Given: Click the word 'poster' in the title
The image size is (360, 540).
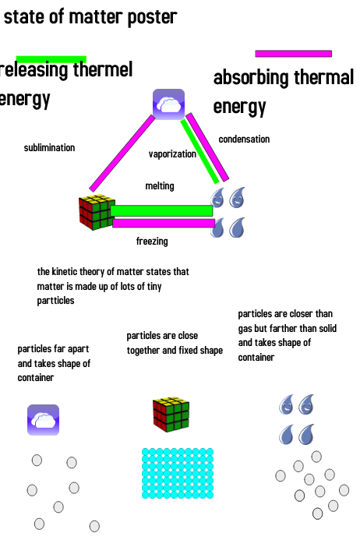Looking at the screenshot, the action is pos(152,17).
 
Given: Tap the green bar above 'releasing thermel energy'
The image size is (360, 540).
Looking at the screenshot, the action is pos(51,59).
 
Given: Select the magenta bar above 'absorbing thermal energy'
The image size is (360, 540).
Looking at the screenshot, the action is pos(294,54).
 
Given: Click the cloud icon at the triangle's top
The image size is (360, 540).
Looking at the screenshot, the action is pos(168,104).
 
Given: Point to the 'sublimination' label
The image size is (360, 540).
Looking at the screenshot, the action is pos(49,148).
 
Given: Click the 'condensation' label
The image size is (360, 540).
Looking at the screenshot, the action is pos(244,139).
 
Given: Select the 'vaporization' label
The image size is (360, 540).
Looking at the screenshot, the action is pos(172,154).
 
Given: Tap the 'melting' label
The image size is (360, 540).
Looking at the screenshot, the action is pos(160,186).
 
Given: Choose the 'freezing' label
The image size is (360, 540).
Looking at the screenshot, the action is pos(152,241).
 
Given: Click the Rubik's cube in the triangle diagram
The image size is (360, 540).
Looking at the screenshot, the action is pos(97,212).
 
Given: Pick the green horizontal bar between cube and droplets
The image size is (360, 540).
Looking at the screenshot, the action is pos(161,210).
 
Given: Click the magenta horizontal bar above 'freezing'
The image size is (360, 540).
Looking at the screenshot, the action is pos(164,224).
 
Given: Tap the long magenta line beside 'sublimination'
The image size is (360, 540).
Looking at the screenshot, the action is pos(122,154).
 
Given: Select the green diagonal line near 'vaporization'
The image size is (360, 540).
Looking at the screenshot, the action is pos(199,151).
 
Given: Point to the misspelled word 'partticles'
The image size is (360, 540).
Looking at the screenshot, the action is pos(55,301).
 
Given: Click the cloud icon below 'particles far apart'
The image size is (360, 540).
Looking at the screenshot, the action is pos(43,420).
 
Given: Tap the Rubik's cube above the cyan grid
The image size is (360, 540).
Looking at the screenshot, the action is pos(171,415).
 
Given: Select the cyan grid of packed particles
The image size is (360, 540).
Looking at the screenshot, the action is pos(178,473).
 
